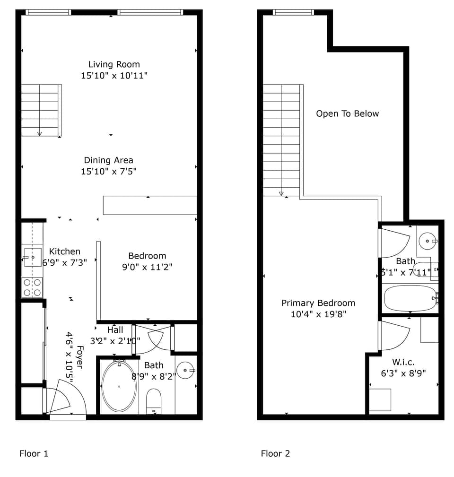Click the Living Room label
tap(114, 64)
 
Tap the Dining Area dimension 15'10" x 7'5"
tap(109, 171)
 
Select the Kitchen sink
tap(33, 257)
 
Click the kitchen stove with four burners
tap(32, 287)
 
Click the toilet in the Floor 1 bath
tap(154, 401)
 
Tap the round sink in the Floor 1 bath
tap(185, 370)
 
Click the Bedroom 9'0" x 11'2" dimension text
tap(147, 267)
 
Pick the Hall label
tap(115, 330)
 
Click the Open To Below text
tap(348, 114)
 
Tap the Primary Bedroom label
tap(318, 303)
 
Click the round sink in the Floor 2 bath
tap(428, 241)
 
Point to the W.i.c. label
tap(403, 362)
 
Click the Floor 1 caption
tap(34, 453)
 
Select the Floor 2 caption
tap(275, 453)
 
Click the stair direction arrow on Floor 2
tap(281, 193)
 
